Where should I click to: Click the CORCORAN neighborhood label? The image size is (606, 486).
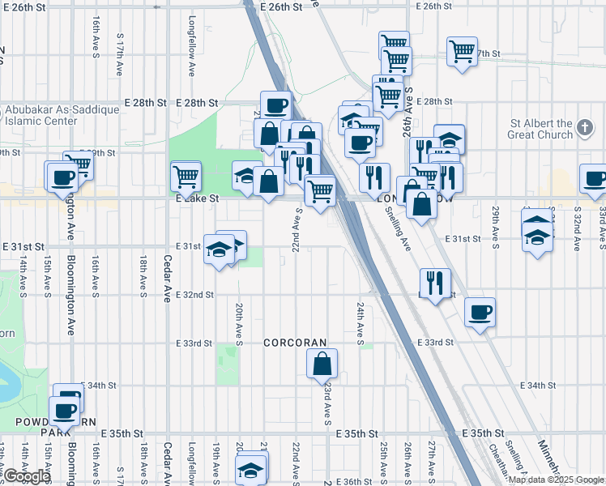294,343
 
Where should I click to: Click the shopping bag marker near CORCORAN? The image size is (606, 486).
322,365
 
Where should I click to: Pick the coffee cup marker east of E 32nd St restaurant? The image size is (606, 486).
480,313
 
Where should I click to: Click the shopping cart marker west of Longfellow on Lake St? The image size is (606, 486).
186,176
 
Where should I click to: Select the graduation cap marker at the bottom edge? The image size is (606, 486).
251,470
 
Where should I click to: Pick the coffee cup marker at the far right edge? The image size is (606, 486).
594,179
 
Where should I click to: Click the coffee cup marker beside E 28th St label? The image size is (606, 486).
275,105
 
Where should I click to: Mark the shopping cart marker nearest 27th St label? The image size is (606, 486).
462,53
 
